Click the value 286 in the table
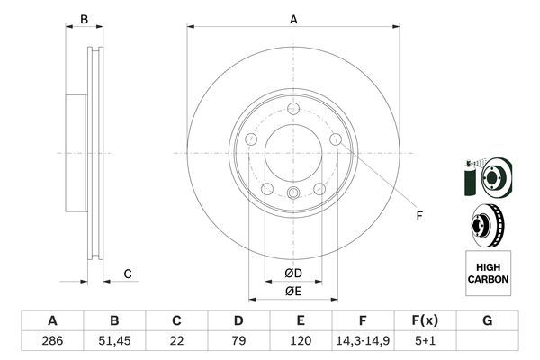coord(52,342)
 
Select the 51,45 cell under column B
coord(114,342)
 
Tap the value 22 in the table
coord(176,342)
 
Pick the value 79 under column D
coord(238,342)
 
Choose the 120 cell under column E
coord(301,342)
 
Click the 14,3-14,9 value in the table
coord(363,342)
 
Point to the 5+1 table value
coord(425,342)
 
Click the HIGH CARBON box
coord(488,274)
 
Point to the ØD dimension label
coord(292,273)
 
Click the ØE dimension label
coord(292,291)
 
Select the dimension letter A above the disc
coord(293,19)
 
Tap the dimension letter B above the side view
coord(85,19)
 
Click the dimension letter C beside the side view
coord(128,274)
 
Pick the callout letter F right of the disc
coord(418,214)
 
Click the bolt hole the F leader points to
coord(335,140)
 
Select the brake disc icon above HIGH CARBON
coord(488,224)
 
